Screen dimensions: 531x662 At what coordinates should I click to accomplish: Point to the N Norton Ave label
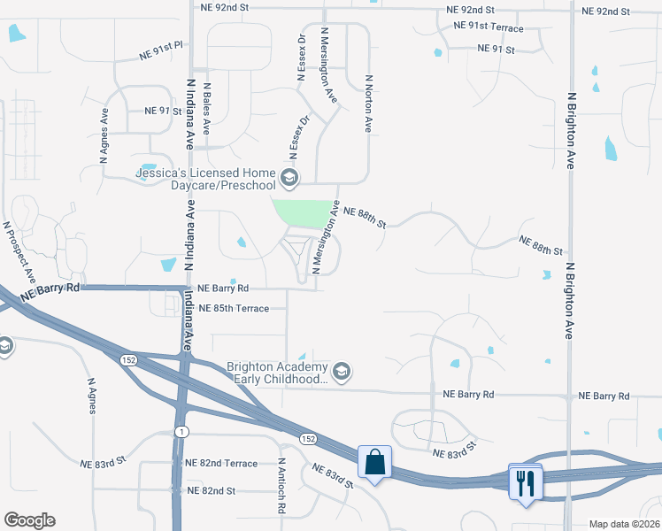367,103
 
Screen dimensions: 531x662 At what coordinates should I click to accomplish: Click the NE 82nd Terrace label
221,464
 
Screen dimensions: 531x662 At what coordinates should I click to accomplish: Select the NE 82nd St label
210,490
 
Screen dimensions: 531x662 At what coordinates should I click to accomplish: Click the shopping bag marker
374,462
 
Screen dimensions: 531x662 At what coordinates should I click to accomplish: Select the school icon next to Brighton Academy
343,370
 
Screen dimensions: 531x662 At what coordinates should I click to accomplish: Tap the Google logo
29,520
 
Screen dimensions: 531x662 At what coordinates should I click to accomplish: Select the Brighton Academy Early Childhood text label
278,373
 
